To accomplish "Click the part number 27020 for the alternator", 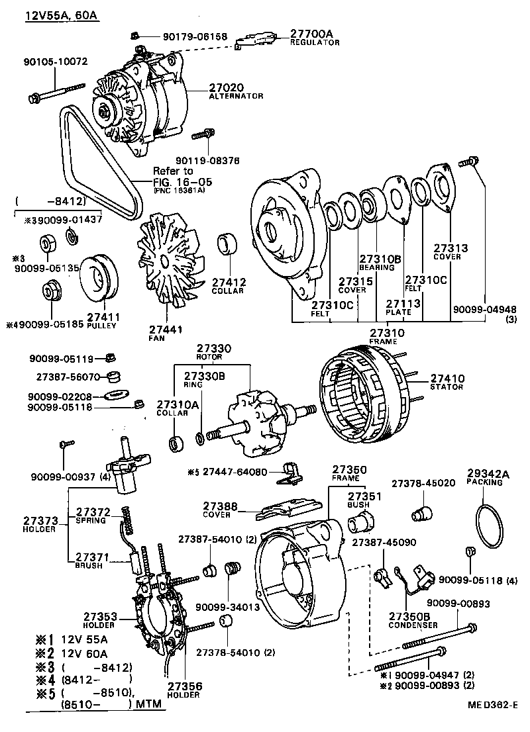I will pyautogui.click(x=227, y=87).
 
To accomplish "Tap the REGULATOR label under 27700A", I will pyautogui.click(x=314, y=42).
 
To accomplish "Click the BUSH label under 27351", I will pyautogui.click(x=358, y=504).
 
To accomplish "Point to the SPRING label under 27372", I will pyautogui.click(x=91, y=520).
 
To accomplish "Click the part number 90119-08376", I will pyautogui.click(x=207, y=160).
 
